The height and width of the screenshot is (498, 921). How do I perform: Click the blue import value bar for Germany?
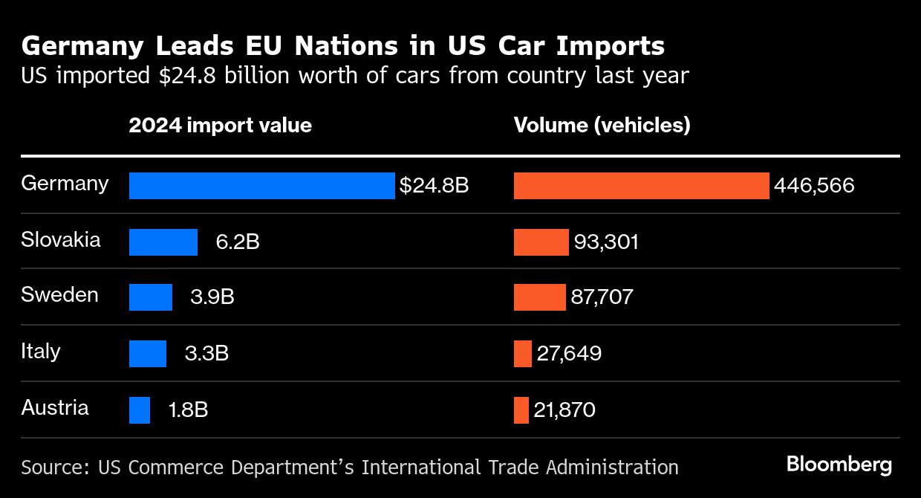[261, 186]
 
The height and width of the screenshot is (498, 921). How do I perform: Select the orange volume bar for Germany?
[641, 186]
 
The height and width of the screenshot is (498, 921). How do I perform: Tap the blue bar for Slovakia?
[163, 242]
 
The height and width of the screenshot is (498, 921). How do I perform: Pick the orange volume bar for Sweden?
[539, 297]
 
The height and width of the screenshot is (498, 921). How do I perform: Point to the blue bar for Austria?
[140, 410]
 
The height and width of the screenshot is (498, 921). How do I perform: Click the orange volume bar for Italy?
[523, 354]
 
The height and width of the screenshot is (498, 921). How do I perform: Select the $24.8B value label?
[434, 186]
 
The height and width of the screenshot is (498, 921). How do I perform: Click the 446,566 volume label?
[814, 186]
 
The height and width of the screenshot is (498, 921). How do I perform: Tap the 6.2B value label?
[238, 242]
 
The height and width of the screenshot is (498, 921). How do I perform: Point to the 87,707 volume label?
[602, 297]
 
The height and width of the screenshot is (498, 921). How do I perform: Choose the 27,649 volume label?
[569, 354]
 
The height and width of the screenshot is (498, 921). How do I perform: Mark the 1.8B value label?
[189, 410]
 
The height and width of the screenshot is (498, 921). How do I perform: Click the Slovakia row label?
[61, 240]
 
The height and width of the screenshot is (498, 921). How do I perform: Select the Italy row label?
[41, 351]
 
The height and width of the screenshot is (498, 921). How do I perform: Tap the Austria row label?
[55, 407]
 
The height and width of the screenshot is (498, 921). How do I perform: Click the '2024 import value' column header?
[220, 125]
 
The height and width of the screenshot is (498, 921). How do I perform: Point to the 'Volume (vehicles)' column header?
[602, 125]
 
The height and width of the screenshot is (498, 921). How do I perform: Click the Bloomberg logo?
[839, 465]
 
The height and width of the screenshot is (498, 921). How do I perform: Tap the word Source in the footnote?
[51, 467]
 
